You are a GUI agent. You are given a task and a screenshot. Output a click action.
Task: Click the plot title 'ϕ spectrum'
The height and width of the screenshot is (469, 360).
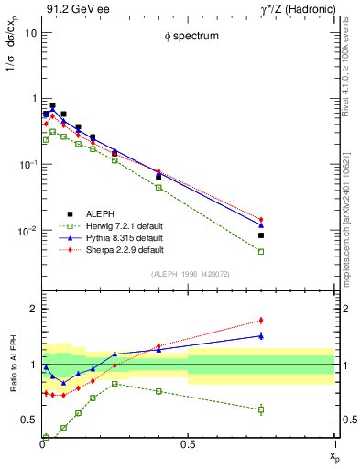point(181,38)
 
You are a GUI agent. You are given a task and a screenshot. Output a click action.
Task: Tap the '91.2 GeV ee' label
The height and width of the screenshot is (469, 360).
point(70,8)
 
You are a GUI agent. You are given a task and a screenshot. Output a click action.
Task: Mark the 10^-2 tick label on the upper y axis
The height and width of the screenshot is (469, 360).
point(27,231)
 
